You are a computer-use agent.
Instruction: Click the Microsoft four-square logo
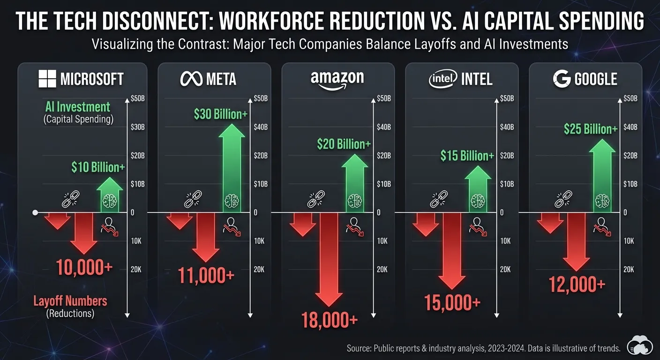(47, 78)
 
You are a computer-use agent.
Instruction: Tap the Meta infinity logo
(191, 78)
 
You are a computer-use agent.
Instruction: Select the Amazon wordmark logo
(337, 79)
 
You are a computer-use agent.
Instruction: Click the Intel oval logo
(442, 79)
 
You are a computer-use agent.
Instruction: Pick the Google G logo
(562, 79)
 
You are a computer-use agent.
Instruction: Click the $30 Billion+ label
(220, 113)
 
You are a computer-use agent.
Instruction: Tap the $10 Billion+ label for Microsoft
(98, 166)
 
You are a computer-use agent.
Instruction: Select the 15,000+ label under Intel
(452, 302)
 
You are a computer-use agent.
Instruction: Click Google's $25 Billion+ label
(590, 128)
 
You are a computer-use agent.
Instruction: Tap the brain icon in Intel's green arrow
(478, 201)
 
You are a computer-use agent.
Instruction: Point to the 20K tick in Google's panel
(629, 270)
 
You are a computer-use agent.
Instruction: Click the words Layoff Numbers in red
(70, 300)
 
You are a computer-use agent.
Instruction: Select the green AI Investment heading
(78, 107)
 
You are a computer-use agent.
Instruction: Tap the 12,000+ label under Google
(577, 284)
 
